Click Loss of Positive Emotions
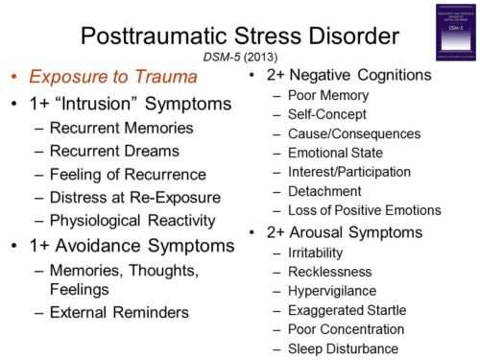coord(365,209)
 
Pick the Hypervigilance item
coord(337,290)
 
